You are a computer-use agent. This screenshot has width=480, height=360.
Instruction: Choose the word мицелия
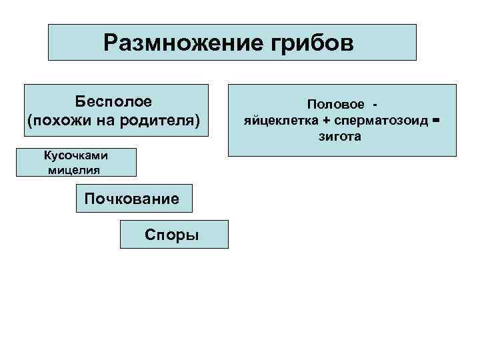pos(75,169)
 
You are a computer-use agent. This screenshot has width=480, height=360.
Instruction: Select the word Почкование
pos(131,199)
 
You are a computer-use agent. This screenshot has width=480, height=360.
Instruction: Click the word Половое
pos(336,105)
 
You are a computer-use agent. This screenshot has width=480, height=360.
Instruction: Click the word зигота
pos(342,137)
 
